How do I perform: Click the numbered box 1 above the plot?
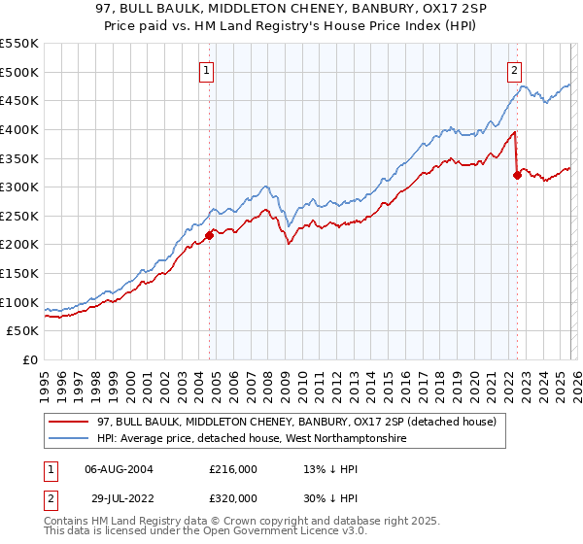(208, 69)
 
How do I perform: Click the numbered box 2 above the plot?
(514, 69)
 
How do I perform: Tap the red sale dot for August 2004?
(209, 234)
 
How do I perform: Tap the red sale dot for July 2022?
(517, 175)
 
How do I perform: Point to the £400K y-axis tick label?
(19, 129)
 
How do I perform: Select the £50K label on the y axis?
(23, 331)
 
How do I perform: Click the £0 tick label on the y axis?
(30, 360)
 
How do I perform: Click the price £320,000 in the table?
(232, 498)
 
